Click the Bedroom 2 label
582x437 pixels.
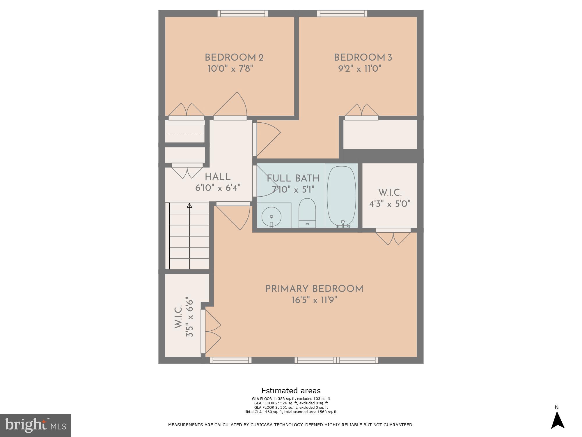point(234,58)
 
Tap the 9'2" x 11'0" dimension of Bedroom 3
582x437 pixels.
point(360,69)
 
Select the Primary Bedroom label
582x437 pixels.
point(314,289)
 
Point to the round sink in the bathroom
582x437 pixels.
point(271,217)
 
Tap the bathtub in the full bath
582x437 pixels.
point(341,196)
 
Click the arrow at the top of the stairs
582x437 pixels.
point(189,206)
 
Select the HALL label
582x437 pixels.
point(218,177)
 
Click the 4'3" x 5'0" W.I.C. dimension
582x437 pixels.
point(390,204)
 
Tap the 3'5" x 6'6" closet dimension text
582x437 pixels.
point(189,317)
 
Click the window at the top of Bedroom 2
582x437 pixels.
point(242,13)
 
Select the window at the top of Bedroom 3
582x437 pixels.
point(342,13)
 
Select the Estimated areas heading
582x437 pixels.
point(291,391)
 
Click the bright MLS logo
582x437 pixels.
point(36,425)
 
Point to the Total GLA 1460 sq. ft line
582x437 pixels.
point(291,412)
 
